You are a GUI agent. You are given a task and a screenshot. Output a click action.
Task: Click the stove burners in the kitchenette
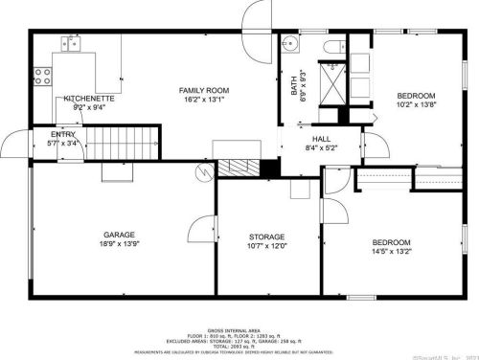[x=42, y=72]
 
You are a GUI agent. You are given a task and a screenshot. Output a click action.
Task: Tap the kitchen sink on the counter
[x=71, y=42]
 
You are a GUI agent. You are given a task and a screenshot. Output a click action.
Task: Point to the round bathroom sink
[x=290, y=42]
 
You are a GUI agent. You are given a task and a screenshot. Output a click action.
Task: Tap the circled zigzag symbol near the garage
[x=202, y=172]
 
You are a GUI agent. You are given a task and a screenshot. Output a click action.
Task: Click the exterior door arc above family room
[x=258, y=16]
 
